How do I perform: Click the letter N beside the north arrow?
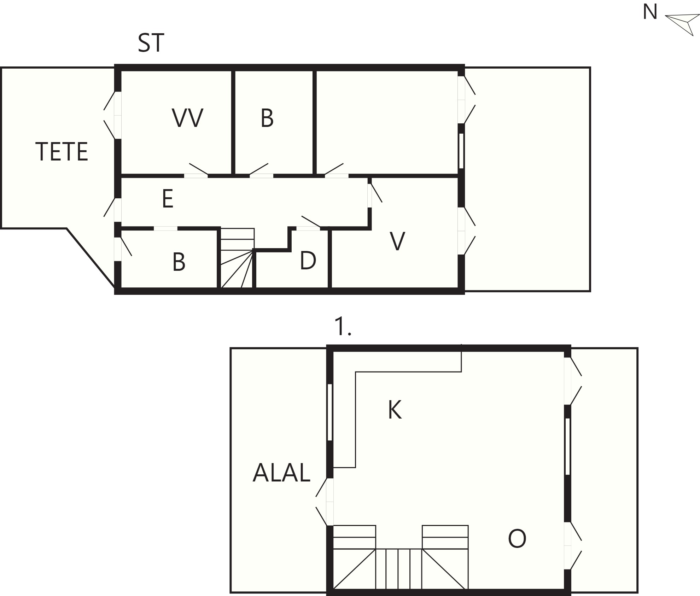(x=650, y=12)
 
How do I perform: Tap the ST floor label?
(x=151, y=43)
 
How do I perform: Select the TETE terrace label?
(x=62, y=152)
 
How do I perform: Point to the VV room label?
(x=188, y=118)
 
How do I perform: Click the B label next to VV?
(x=267, y=118)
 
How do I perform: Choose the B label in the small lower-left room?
(x=179, y=262)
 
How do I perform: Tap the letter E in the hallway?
(x=168, y=199)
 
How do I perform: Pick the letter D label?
(x=308, y=261)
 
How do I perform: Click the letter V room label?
(x=397, y=241)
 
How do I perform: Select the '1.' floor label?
(x=343, y=326)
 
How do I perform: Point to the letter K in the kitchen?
(x=395, y=410)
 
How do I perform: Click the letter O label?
(x=517, y=539)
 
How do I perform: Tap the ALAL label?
(x=281, y=473)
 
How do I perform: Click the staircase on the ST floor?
(x=237, y=258)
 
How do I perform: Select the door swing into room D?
(x=311, y=222)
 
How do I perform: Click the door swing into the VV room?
(x=199, y=169)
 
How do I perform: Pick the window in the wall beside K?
(x=330, y=412)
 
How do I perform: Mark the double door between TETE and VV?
(x=112, y=115)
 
